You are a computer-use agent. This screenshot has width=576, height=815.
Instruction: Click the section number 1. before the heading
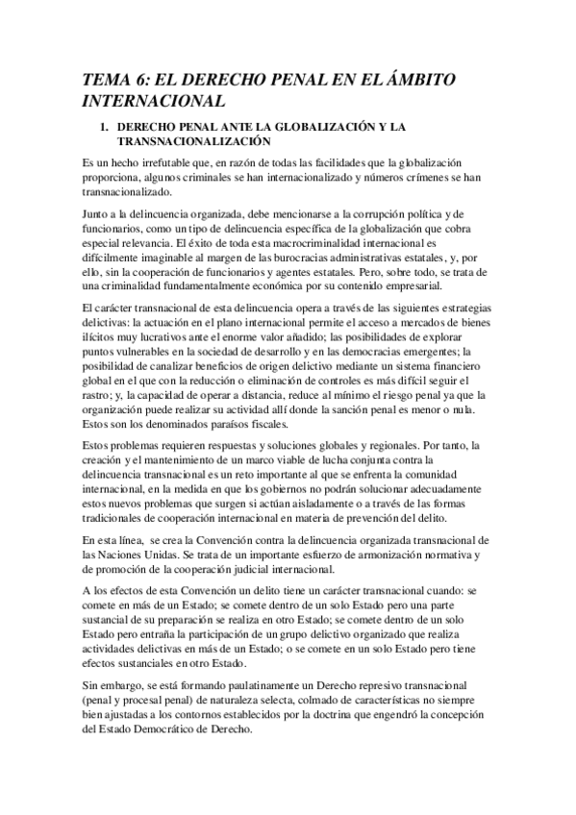107,127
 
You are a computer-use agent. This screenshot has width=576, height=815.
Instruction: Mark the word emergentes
425,365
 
